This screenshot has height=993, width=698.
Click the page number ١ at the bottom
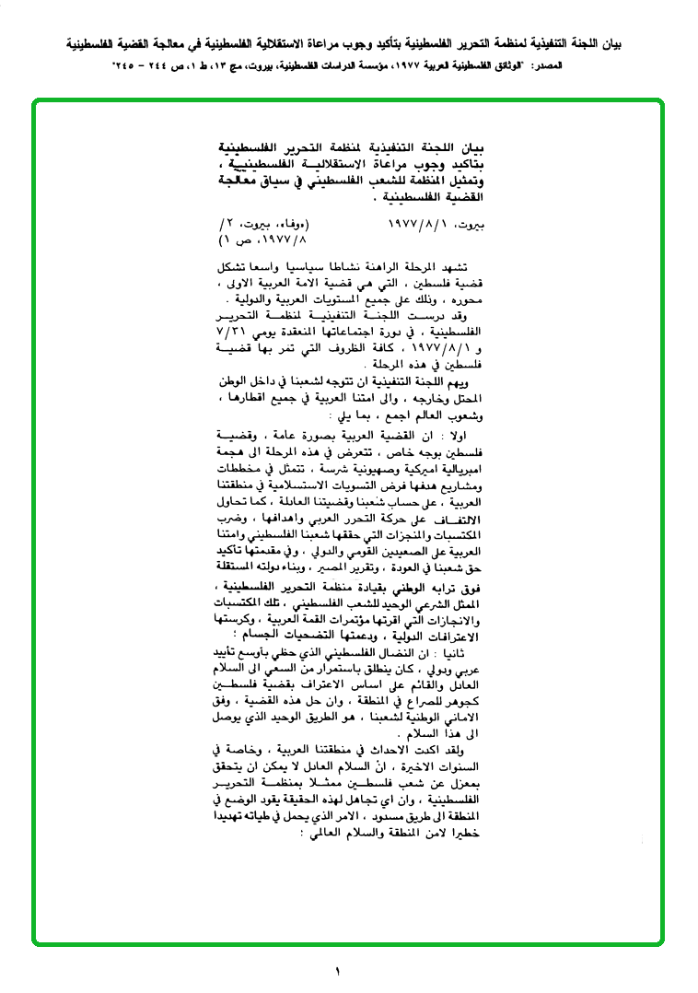[337, 971]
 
